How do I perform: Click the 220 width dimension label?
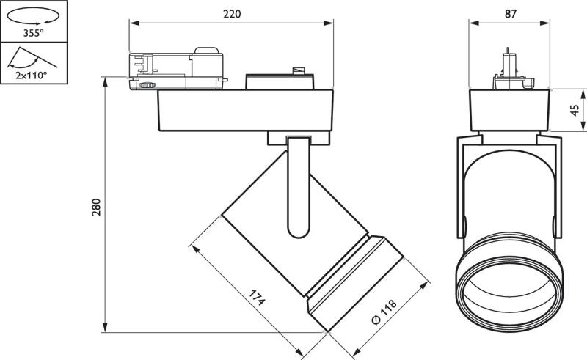232,14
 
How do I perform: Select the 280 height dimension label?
96,207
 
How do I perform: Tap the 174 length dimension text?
258,298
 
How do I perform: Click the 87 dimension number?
510,14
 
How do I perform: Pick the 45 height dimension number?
575,110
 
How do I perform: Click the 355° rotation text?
33,33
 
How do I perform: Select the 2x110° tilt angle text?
32,76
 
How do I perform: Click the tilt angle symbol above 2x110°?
32,58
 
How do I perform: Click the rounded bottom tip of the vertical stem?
299,237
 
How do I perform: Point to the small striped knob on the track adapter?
147,85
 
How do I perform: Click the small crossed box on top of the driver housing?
298,70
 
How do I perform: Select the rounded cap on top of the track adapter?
206,51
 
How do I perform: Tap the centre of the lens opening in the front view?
509,294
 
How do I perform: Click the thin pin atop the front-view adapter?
508,51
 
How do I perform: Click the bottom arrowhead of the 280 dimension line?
106,327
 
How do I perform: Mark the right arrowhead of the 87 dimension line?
544,23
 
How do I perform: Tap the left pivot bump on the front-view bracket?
465,226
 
